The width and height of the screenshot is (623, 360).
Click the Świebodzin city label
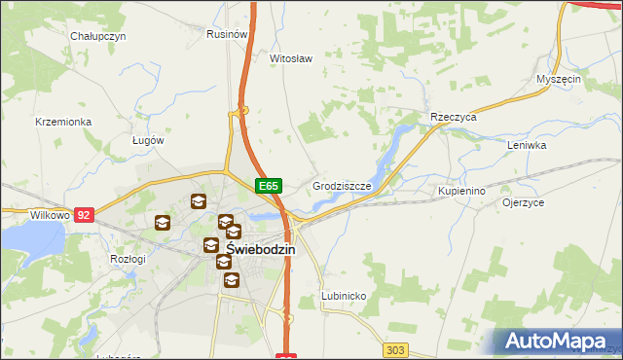pos(261,249)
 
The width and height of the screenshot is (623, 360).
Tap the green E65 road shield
pos(270,185)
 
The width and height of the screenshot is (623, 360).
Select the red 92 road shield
pos(85,214)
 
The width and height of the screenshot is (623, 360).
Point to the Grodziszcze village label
pos(343,185)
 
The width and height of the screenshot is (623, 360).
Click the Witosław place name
pos(290,58)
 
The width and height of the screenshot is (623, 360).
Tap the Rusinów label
pos(225,33)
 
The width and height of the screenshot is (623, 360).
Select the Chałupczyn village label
pos(99,36)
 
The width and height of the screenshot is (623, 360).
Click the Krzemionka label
pos(62,122)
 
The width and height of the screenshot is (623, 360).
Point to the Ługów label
pos(148,140)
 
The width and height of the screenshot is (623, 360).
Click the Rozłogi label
pos(128,259)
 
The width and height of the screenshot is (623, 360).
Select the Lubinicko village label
pos(343,295)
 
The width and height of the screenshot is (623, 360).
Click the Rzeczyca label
pos(453,117)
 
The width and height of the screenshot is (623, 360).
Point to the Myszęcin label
pos(559,79)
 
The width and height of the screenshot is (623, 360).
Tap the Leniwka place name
pos(527,145)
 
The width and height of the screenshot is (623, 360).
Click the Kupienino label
pos(461,192)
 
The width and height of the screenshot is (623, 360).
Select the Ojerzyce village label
pos(523,203)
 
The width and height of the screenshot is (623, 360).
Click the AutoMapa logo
pos(558,342)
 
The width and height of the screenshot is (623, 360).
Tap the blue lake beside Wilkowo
pos(29,238)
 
